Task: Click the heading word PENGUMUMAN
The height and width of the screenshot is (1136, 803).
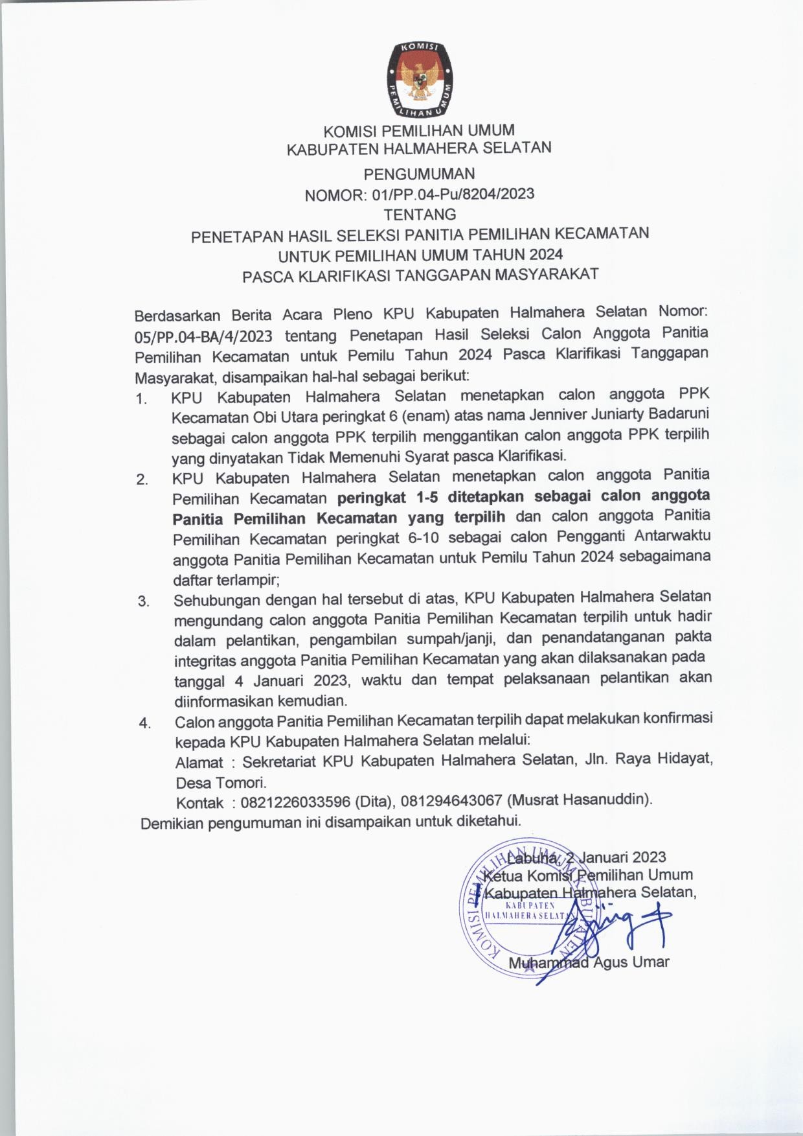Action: (x=419, y=174)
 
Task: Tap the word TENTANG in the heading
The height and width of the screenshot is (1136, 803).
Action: (x=420, y=214)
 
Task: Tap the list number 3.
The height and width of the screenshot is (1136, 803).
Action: (x=143, y=602)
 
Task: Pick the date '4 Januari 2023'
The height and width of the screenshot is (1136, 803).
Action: (x=284, y=681)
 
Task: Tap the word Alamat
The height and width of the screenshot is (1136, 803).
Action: (x=199, y=763)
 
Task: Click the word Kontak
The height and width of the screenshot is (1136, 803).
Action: (x=199, y=803)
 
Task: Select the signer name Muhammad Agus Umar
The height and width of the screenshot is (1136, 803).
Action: (x=588, y=962)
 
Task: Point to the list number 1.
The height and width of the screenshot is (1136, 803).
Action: (x=142, y=399)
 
